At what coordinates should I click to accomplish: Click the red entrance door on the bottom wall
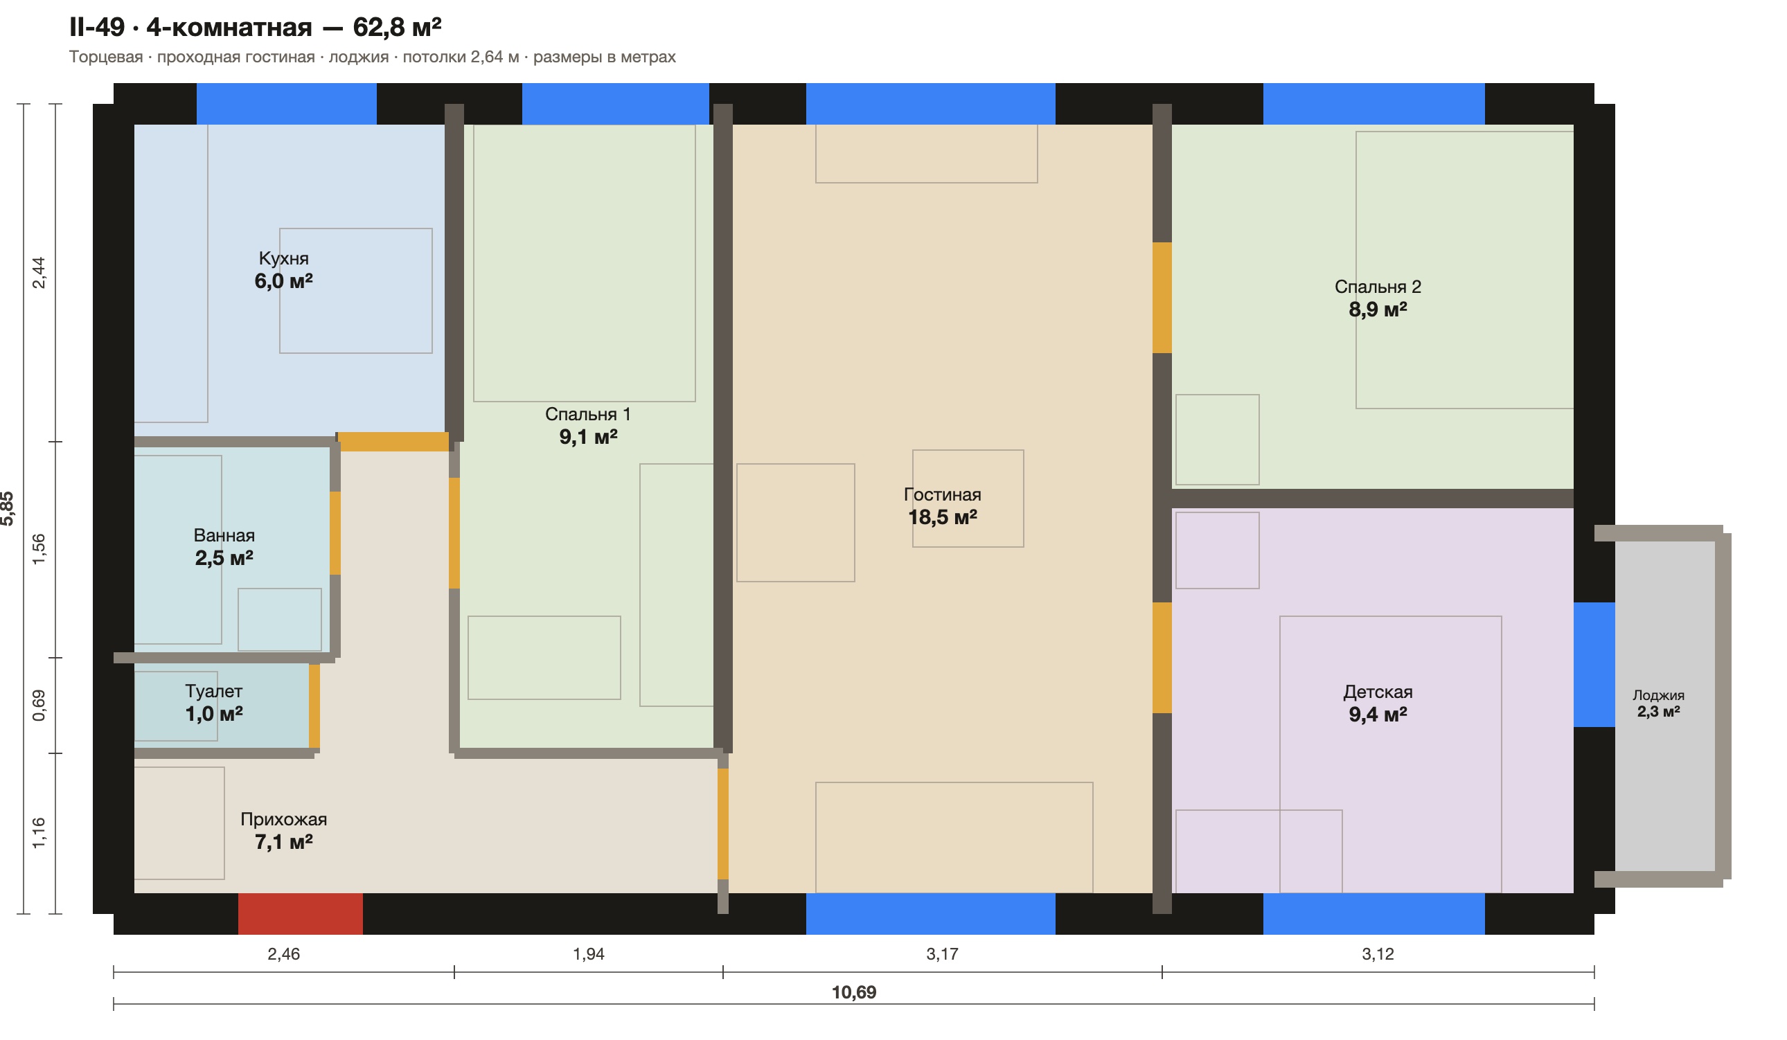tap(300, 913)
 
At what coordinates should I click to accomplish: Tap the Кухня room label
tap(284, 258)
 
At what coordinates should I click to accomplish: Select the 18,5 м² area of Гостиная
tap(943, 517)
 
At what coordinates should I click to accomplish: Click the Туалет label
tap(213, 690)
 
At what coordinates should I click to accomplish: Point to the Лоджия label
tap(1659, 694)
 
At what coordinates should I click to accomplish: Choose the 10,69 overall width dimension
tap(854, 992)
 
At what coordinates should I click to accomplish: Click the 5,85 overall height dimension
tap(7, 508)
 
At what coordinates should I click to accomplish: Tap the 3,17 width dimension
tap(942, 953)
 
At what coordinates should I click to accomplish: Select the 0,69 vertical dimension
tap(39, 706)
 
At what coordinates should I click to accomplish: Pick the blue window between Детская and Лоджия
tap(1594, 665)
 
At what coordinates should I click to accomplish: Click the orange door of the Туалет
tap(314, 706)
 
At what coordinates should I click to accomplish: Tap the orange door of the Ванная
tap(335, 533)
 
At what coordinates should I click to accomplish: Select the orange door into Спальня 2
tap(1162, 298)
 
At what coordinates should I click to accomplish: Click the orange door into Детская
tap(1162, 658)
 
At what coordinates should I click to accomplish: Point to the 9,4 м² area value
tap(1378, 715)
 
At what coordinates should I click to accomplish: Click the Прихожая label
tap(284, 819)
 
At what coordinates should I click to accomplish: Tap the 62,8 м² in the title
tap(397, 27)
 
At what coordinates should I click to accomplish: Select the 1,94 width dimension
tap(589, 953)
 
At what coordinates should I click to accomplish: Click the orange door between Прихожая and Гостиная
tap(722, 824)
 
